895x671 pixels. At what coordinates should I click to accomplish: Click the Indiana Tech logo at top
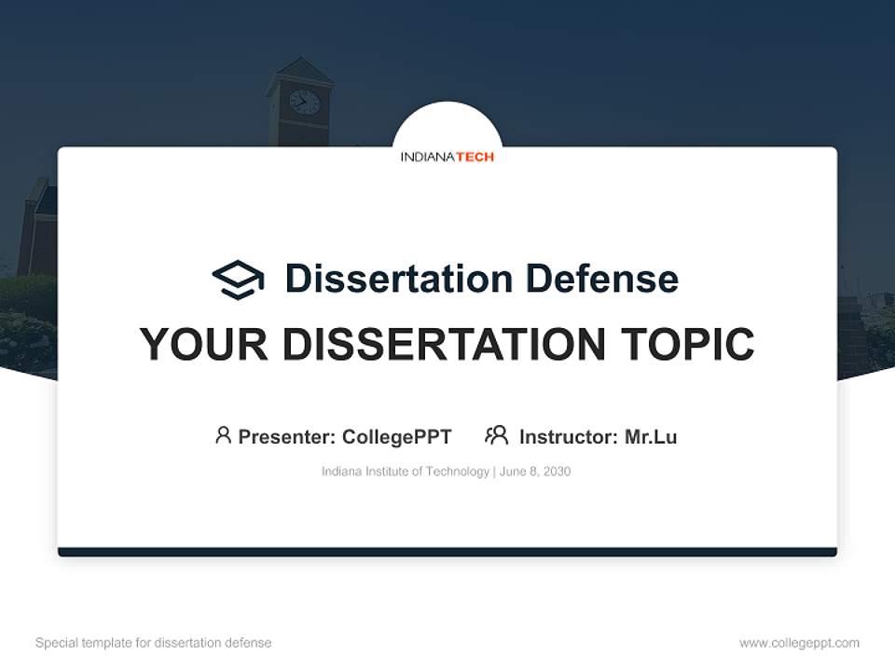click(x=447, y=157)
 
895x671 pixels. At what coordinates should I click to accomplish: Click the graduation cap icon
click(x=238, y=279)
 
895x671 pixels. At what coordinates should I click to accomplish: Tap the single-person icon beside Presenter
click(x=223, y=435)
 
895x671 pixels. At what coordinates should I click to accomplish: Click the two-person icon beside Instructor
click(x=497, y=435)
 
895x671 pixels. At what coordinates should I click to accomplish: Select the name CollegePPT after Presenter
click(x=397, y=436)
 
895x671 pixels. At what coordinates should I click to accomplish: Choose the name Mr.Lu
click(x=651, y=436)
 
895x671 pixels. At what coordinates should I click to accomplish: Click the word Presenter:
click(x=287, y=436)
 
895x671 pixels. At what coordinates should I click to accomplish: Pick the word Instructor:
click(x=569, y=436)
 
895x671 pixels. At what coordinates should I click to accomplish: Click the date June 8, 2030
click(x=535, y=472)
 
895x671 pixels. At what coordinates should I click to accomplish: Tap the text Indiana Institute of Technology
click(x=406, y=472)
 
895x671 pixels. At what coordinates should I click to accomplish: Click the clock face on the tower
click(x=304, y=102)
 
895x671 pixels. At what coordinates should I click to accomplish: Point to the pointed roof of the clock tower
click(x=299, y=71)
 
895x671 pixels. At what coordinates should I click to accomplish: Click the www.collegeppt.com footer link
click(x=799, y=643)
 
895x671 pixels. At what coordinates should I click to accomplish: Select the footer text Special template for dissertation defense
click(x=154, y=643)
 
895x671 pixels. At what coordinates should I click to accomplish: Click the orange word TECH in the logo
click(x=475, y=157)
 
